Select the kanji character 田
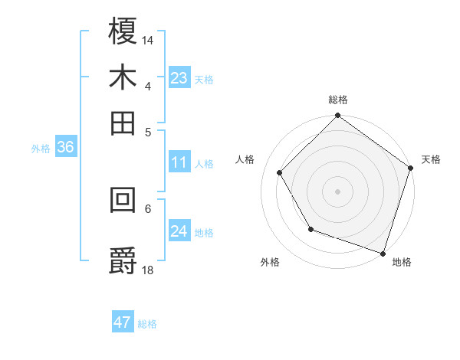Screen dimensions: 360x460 pyautogui.click(x=123, y=122)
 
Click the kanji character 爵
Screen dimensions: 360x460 pyautogui.click(x=123, y=259)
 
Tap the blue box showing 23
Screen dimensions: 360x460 pyautogui.click(x=179, y=78)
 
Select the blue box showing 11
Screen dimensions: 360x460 pyautogui.click(x=179, y=162)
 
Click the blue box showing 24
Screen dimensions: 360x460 pyautogui.click(x=179, y=231)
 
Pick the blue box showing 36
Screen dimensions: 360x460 pyautogui.click(x=65, y=148)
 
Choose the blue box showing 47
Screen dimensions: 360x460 pyautogui.click(x=123, y=322)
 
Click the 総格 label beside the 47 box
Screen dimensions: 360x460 pyautogui.click(x=147, y=324)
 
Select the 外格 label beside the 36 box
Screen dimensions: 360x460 pyautogui.click(x=41, y=149)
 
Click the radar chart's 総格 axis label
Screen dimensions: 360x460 pyautogui.click(x=338, y=100)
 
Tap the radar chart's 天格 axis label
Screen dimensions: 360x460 pyautogui.click(x=431, y=159)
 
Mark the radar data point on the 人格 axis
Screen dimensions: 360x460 pyautogui.click(x=280, y=172)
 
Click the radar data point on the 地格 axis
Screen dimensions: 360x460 pyautogui.click(x=383, y=252)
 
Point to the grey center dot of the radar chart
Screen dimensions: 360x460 pyautogui.click(x=338, y=191)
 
